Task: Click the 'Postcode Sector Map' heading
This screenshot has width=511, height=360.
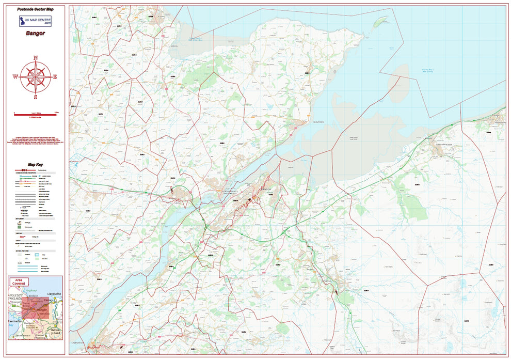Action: click(x=35, y=9)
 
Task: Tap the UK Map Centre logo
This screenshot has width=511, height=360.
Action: click(x=35, y=21)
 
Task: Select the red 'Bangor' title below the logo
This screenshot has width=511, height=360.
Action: click(x=35, y=34)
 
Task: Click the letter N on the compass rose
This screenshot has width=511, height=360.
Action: click(x=35, y=57)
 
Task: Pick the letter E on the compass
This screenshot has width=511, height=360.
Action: click(x=55, y=77)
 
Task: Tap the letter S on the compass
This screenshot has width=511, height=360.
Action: click(x=35, y=97)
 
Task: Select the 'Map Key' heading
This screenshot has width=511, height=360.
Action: click(x=35, y=164)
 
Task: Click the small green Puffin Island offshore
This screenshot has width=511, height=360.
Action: click(x=380, y=21)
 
